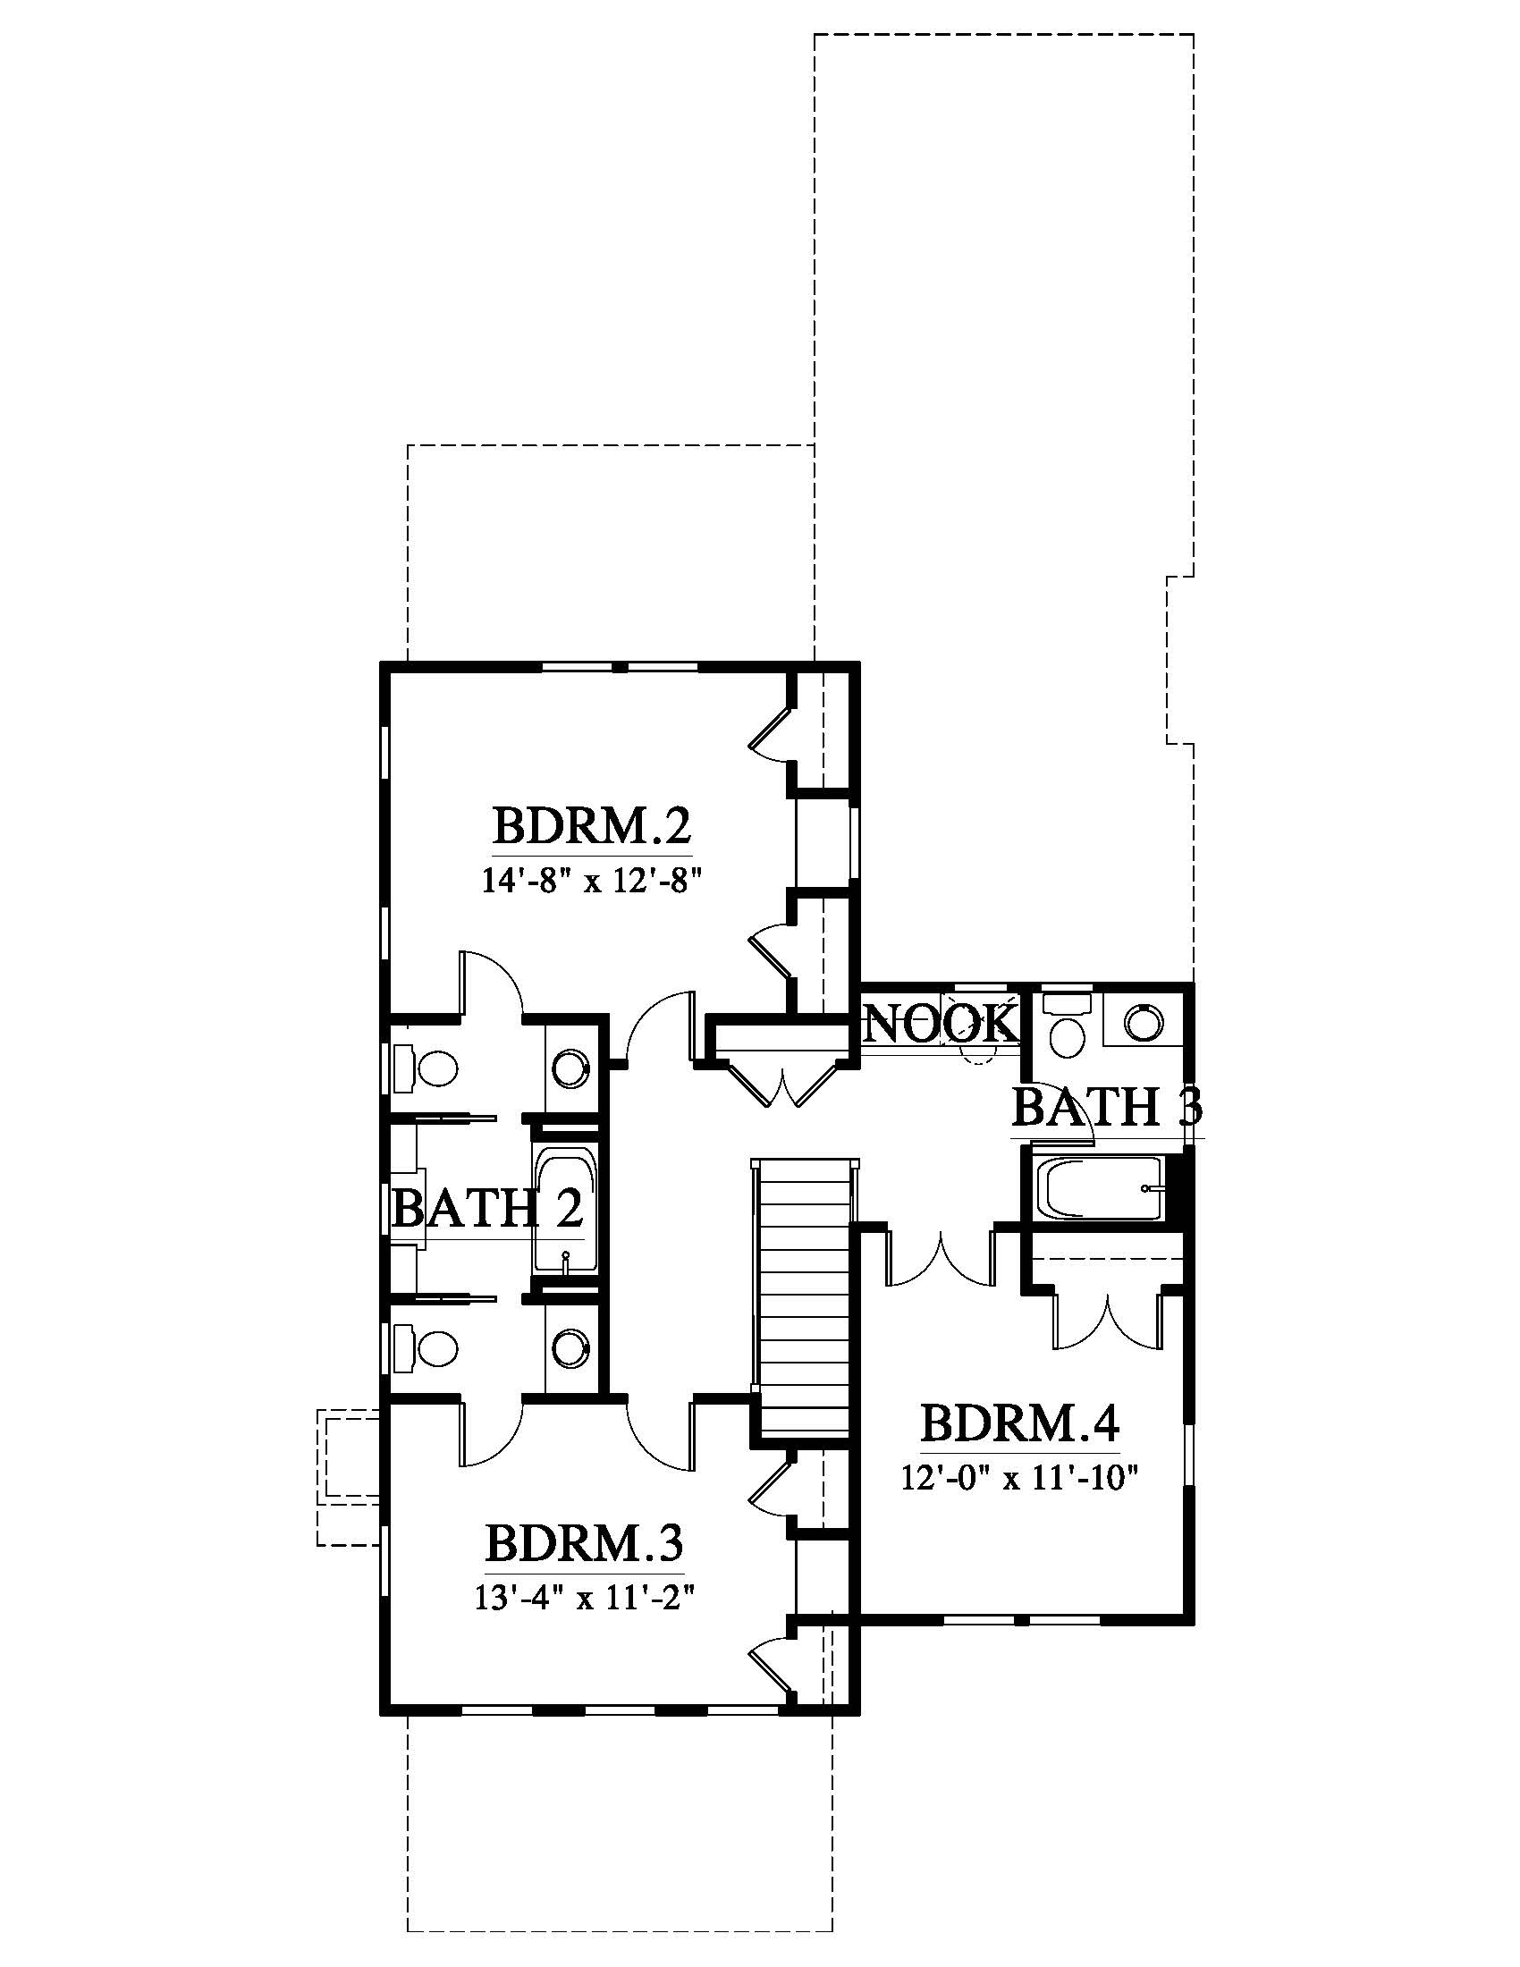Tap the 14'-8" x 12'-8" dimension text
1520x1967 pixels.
click(x=592, y=880)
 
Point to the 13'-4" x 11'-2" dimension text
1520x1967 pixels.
click(x=587, y=1599)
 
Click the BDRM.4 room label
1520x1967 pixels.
click(x=1021, y=1424)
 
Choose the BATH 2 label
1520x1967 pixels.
click(x=489, y=1209)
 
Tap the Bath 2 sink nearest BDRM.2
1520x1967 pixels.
click(x=571, y=1069)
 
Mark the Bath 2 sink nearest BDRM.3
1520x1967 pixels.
click(x=571, y=1348)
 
